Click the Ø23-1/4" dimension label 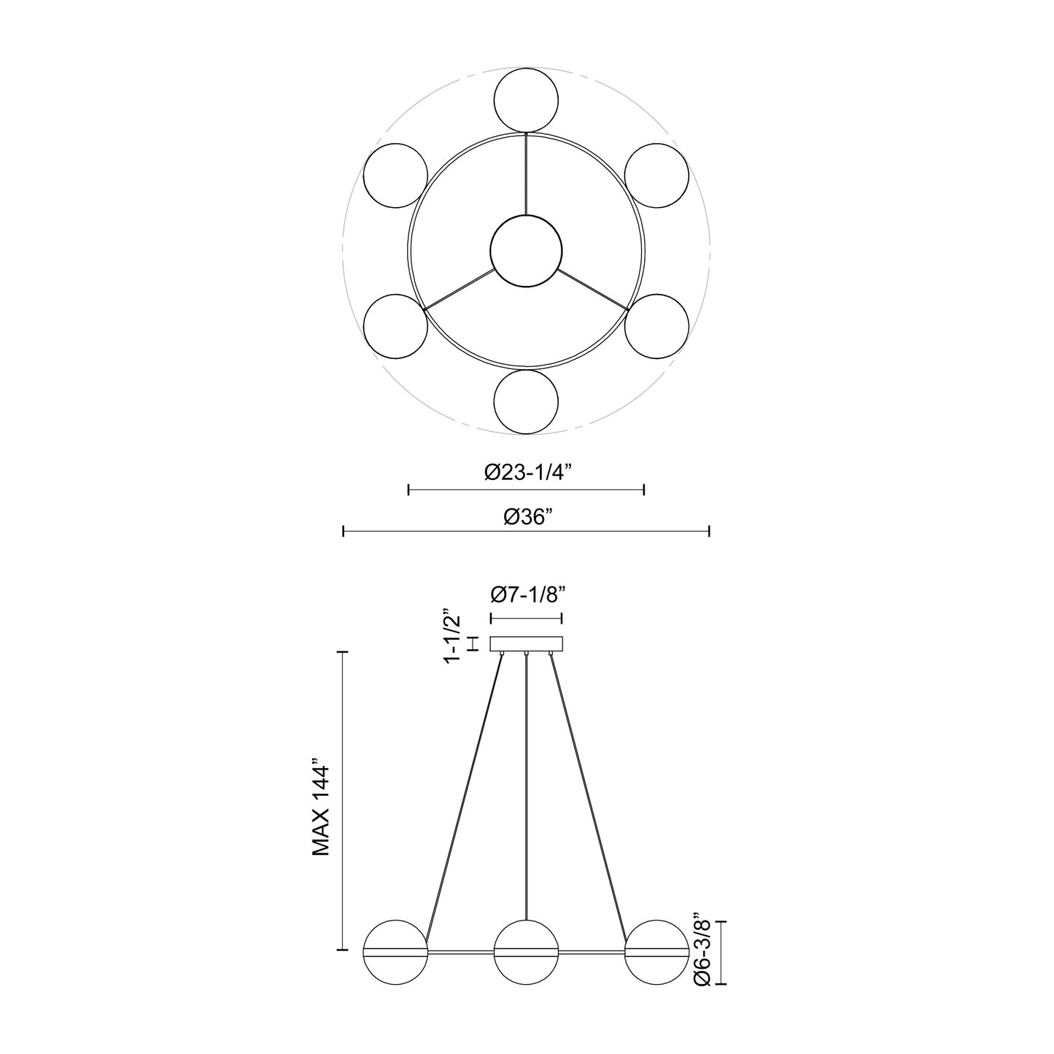[527, 472]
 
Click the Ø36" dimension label [527, 516]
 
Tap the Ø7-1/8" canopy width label [526, 596]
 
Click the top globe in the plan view [526, 101]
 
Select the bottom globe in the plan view [526, 402]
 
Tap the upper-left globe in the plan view [395, 176]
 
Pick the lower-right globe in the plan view [656, 326]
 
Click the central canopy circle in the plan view [526, 251]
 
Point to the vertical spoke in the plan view [526, 175]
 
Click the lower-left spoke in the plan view [458, 289]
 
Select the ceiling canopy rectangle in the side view [526, 644]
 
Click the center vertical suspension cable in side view [526, 788]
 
